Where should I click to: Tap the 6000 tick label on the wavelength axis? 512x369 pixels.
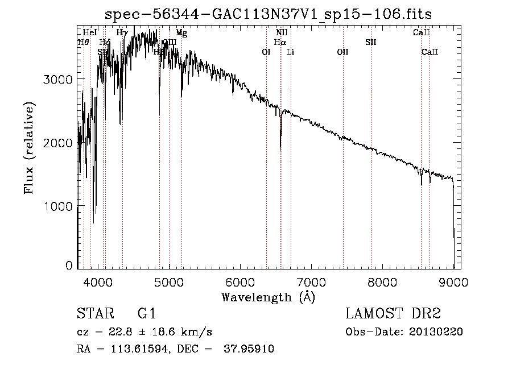[240, 281]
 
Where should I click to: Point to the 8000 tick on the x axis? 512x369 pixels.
[382, 281]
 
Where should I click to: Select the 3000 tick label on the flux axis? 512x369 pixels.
[58, 79]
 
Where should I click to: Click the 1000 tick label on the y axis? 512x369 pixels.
[58, 205]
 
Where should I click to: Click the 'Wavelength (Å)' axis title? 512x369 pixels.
[267, 297]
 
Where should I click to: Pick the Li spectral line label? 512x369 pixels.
[290, 52]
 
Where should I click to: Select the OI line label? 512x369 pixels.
[266, 52]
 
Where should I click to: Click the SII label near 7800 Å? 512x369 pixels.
[370, 42]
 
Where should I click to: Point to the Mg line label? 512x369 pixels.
[181, 33]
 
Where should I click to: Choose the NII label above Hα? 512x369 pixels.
[281, 33]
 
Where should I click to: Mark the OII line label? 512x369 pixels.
[342, 52]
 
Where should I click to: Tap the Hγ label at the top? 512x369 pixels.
[122, 33]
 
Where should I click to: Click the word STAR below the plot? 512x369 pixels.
[95, 314]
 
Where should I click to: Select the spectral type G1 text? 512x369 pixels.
[146, 314]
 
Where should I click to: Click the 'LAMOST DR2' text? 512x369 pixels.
[393, 314]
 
